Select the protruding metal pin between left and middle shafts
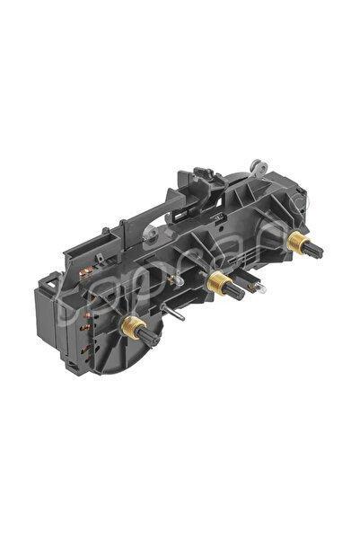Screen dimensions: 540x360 [x=177, y=316]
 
